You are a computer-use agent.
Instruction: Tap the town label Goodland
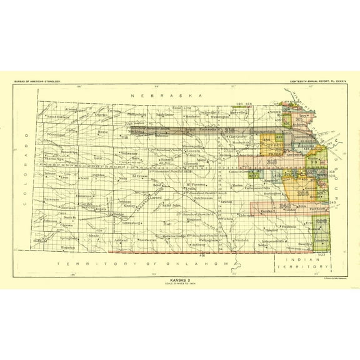point(57,134)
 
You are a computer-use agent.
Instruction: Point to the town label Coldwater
point(148,240)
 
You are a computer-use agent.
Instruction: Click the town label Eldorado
point(246,216)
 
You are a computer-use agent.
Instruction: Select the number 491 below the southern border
point(202,256)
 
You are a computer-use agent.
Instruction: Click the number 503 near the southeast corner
point(322,255)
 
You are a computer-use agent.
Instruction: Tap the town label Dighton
point(99,176)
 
